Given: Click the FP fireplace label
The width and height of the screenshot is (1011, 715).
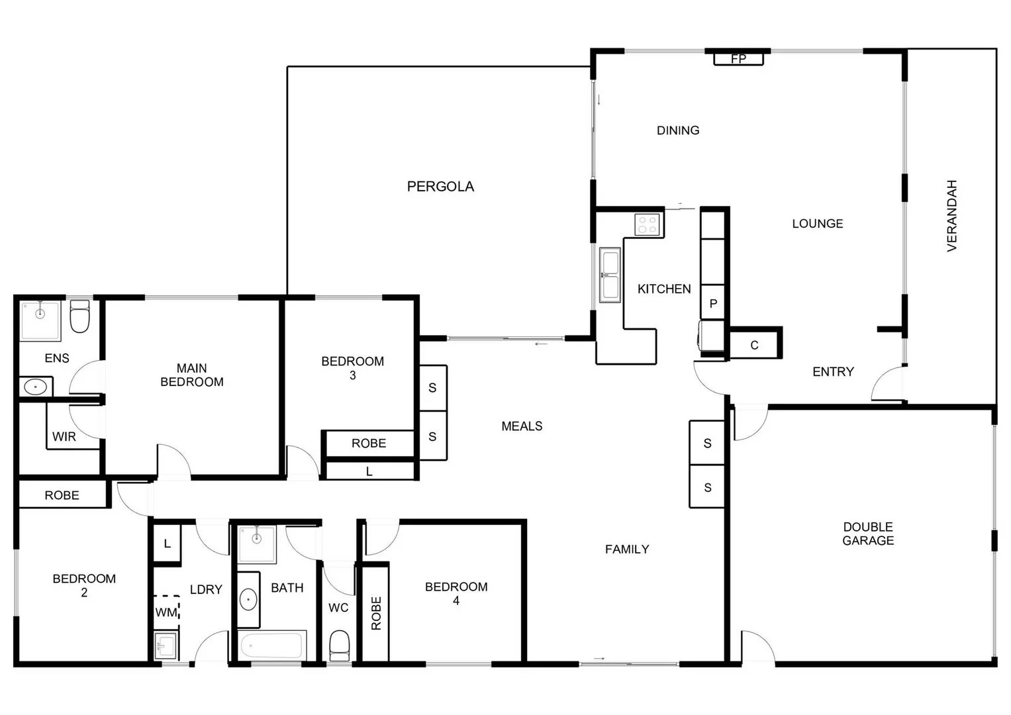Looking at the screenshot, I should point(738,59).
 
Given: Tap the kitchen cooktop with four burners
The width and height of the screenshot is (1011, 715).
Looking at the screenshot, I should point(648,225).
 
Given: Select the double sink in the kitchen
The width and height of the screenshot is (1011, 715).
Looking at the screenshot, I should point(610,275).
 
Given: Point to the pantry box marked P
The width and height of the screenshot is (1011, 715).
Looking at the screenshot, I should point(713,304).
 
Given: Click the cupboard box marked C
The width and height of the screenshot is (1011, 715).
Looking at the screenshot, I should point(754,345).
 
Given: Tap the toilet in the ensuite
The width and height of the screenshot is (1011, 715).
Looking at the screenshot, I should point(79,317).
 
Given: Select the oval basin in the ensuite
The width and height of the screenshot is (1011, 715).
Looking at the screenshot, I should point(34,387).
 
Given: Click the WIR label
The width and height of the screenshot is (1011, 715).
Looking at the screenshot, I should point(64,437).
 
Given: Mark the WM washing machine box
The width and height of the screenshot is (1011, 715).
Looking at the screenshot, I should point(166,612).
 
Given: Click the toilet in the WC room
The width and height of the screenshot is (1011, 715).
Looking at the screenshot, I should point(339,645).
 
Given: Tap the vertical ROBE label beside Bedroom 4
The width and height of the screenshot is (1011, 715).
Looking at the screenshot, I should point(376,613).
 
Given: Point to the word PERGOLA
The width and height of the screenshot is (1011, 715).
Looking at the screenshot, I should point(440,187).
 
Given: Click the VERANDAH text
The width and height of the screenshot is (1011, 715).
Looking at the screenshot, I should point(952,216).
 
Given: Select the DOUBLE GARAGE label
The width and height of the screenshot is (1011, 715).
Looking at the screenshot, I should point(867,534).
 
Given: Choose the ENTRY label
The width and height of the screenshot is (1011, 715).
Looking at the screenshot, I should point(833,372).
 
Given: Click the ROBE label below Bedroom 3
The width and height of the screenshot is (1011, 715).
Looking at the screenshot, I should point(369,444).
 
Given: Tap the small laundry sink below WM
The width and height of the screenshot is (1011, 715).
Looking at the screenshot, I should point(166,645).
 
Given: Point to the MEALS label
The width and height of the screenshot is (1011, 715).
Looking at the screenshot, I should point(522,426).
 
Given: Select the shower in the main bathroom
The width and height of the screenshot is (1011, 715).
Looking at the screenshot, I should point(257,544).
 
